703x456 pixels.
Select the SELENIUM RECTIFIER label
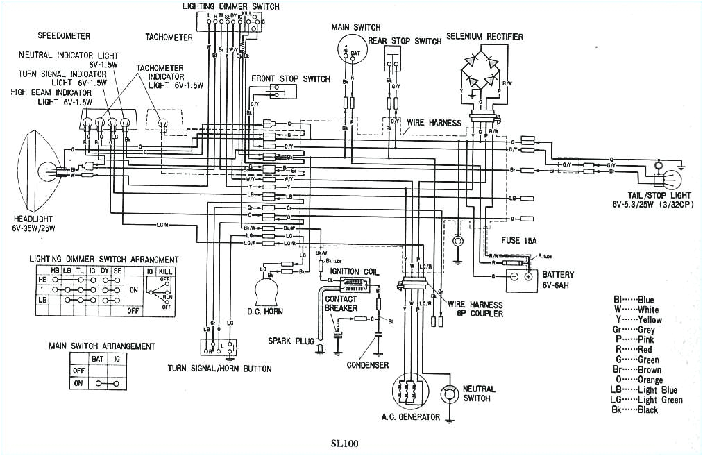coord(484,36)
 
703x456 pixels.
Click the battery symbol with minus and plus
coord(520,276)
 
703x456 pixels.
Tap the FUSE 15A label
coord(519,240)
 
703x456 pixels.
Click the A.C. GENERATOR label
coord(410,417)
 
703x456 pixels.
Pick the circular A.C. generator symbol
coord(407,393)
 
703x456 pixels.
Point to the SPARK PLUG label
coord(291,341)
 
